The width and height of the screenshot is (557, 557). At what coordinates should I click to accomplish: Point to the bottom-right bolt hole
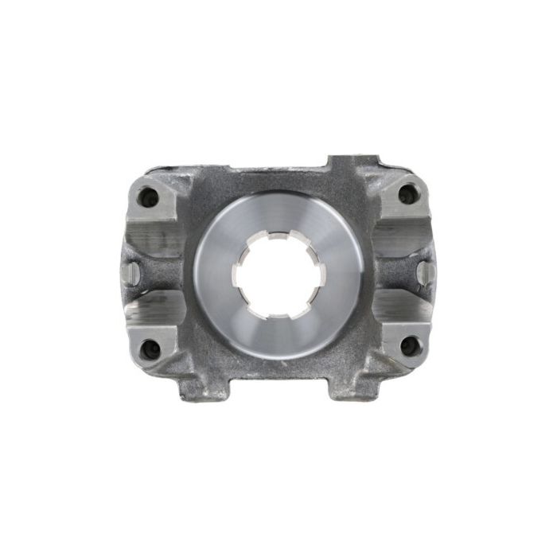(407, 345)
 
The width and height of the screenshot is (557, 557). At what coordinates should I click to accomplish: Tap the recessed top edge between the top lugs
(278, 169)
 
